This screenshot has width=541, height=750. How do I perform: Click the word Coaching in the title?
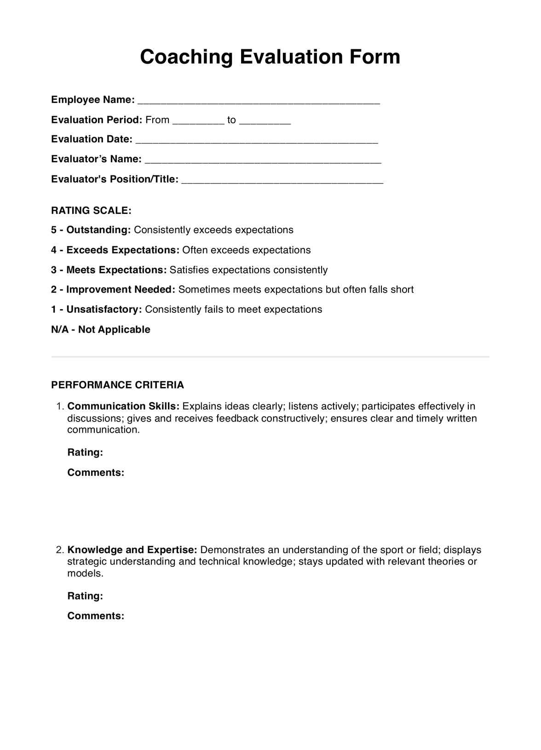pos(186,57)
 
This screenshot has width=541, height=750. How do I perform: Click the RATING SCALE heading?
pos(91,211)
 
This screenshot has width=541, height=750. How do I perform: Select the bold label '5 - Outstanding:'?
pos(91,230)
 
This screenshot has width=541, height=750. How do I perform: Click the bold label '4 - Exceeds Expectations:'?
pos(115,250)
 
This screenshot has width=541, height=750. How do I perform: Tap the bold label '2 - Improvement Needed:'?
pos(113,290)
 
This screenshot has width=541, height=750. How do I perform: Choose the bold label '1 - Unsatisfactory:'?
pos(97,310)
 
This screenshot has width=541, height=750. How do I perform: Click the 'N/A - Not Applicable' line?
pos(101,329)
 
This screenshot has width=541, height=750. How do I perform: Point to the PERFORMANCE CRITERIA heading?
pos(117,385)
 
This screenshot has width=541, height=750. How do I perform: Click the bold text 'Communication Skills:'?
pos(123,406)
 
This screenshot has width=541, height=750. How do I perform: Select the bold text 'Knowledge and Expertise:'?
pos(132,550)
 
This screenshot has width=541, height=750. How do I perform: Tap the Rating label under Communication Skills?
pos(85,452)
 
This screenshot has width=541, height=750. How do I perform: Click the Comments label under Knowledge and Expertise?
pos(96,616)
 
